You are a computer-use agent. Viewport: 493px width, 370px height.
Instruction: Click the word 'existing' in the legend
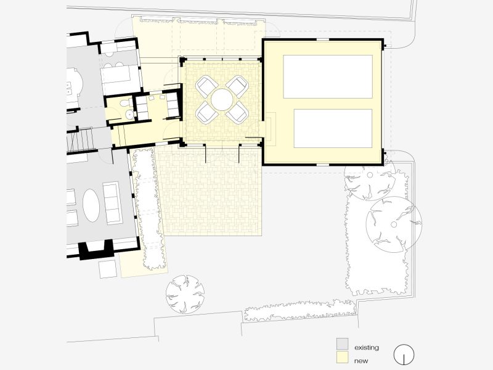(x=366, y=348)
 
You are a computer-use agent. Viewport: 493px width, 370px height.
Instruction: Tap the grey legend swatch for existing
(x=342, y=343)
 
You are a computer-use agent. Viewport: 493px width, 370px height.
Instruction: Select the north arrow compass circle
(x=404, y=354)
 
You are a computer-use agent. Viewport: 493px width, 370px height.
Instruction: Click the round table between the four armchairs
(x=221, y=98)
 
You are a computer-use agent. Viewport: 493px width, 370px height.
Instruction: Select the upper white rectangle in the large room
(x=327, y=76)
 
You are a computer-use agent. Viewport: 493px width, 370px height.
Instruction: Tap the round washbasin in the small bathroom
(x=128, y=115)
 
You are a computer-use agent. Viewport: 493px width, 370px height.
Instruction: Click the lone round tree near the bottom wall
(x=184, y=294)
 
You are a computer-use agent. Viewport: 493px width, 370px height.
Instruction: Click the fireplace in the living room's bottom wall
(x=94, y=248)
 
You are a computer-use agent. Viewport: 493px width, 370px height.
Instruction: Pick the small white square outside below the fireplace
(x=108, y=269)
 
